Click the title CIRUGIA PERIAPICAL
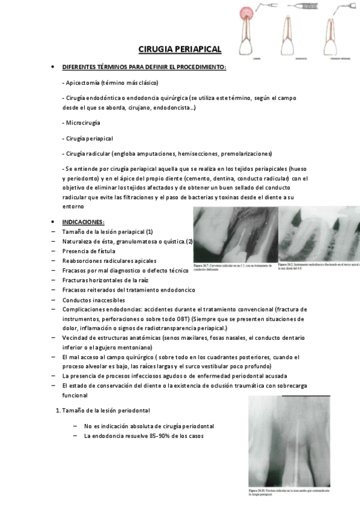click(x=180, y=49)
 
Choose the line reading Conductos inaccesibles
click(x=93, y=300)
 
